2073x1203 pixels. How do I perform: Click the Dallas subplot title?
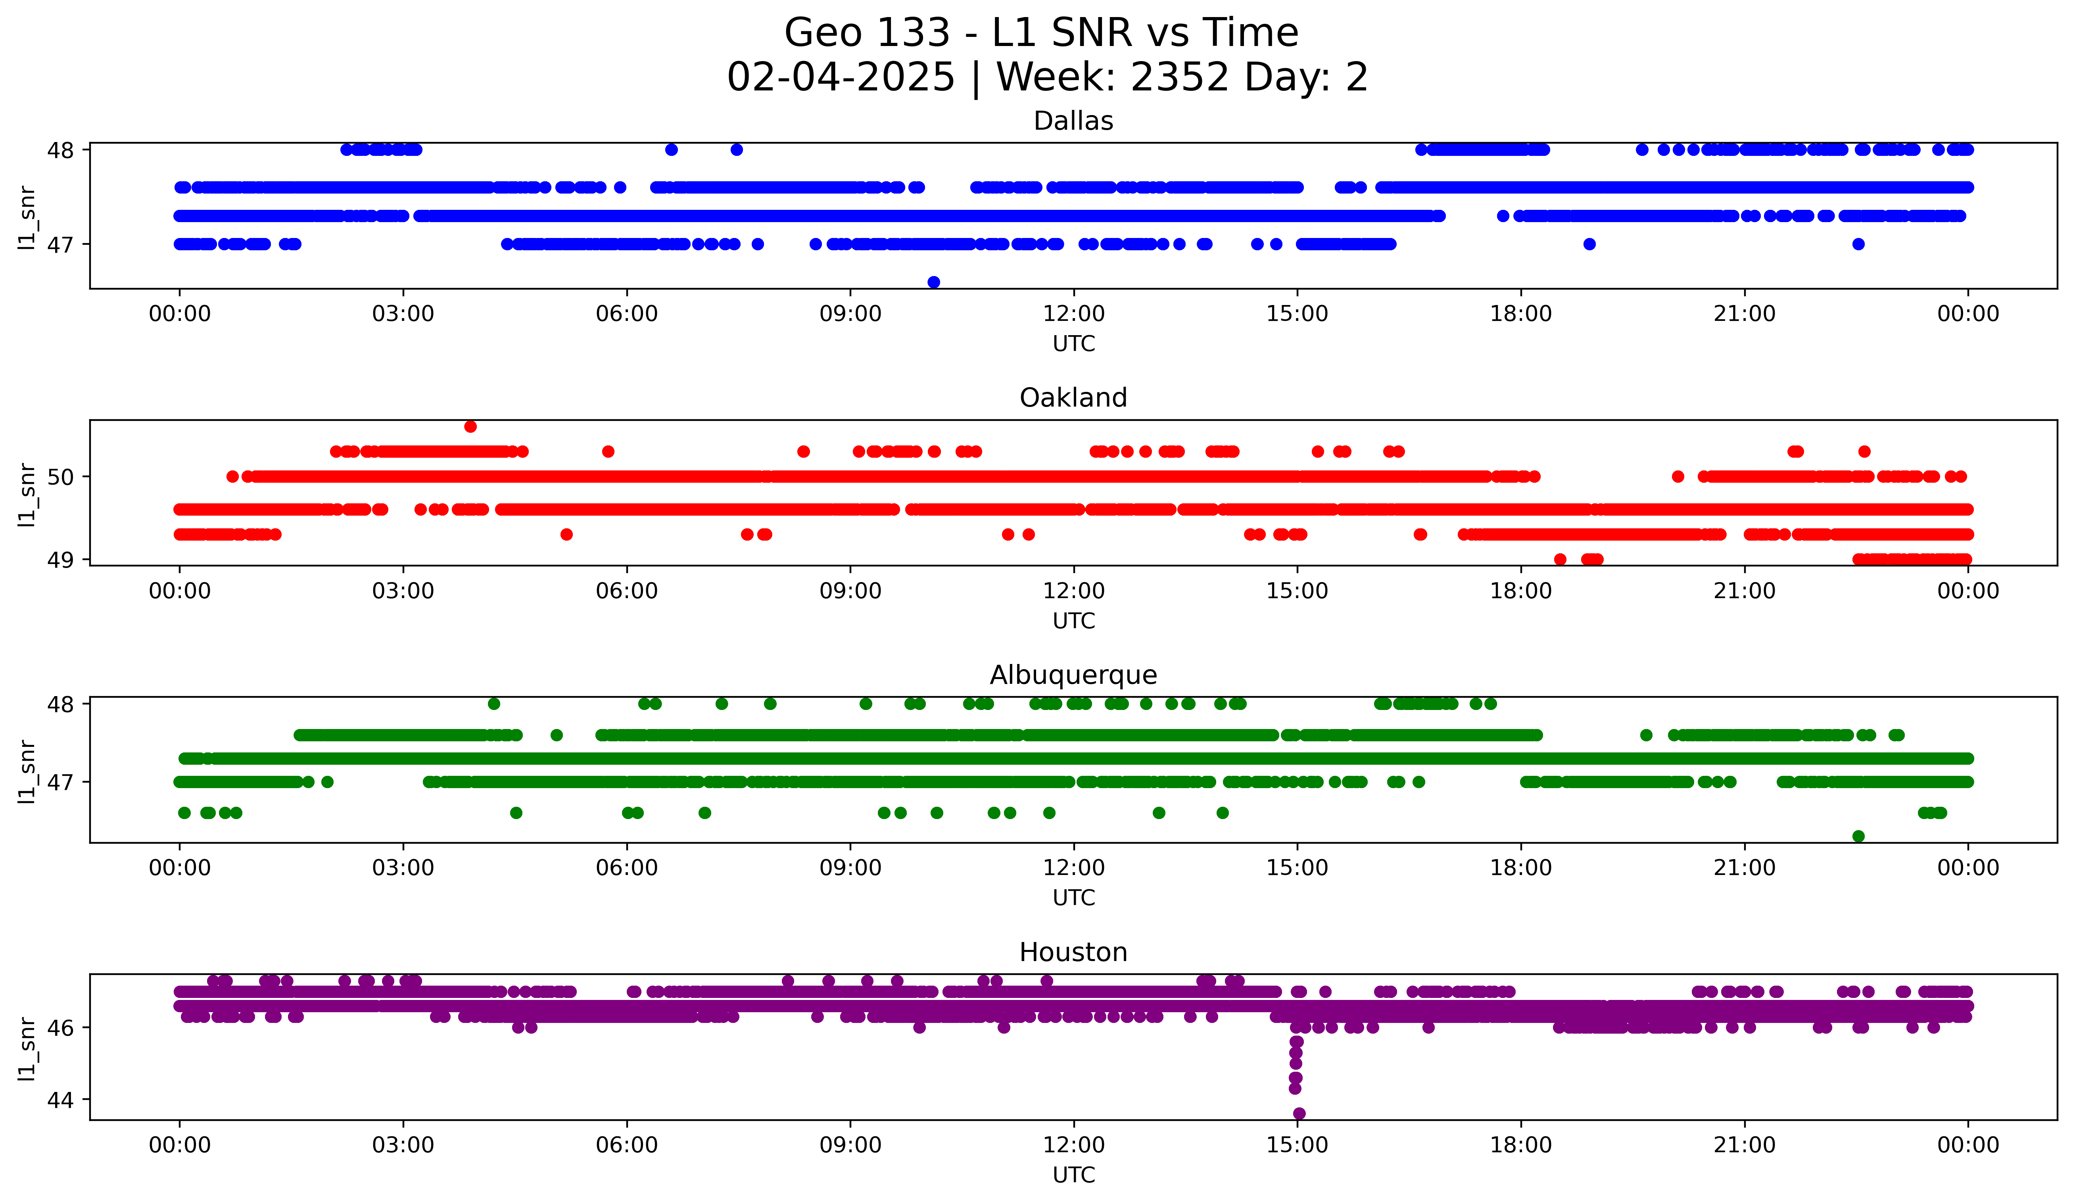(x=1073, y=121)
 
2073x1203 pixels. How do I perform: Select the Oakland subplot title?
(x=1073, y=398)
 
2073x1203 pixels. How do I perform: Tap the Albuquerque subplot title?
(x=1073, y=675)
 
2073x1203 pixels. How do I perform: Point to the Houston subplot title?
(x=1073, y=952)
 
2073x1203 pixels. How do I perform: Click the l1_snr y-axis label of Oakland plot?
(x=27, y=494)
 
